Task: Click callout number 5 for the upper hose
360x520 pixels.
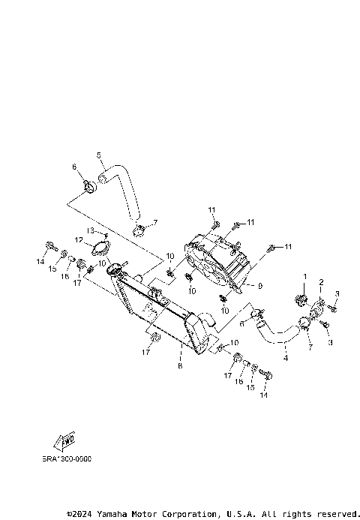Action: coord(99,155)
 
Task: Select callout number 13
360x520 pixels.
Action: coord(89,230)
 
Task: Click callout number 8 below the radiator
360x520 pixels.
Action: coord(180,367)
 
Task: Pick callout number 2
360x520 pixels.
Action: coord(321,282)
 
